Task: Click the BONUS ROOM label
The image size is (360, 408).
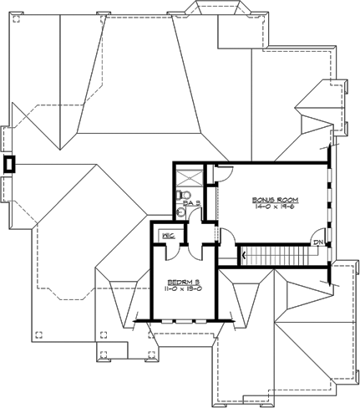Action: (276, 200)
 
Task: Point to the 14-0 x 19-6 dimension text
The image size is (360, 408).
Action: (276, 208)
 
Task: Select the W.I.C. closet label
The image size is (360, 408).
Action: (166, 236)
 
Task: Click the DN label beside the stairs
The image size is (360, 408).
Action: (318, 242)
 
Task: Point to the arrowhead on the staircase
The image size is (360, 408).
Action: (243, 253)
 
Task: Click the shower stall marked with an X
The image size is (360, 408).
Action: (189, 176)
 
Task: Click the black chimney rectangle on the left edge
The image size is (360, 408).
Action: (10, 164)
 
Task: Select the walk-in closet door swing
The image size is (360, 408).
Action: (185, 248)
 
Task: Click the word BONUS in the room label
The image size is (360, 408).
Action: (265, 200)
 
